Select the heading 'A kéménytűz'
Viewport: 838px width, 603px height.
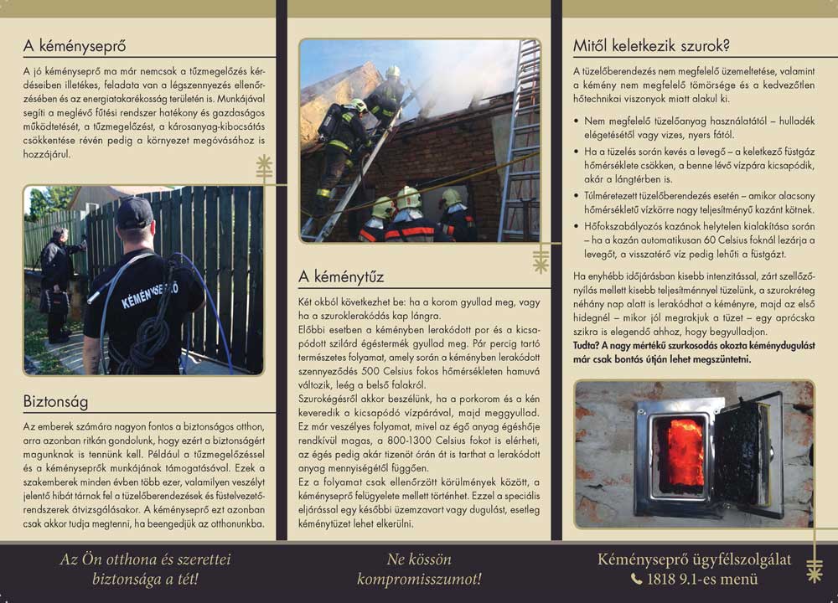pyautogui.click(x=342, y=276)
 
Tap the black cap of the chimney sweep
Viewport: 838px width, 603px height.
pyautogui.click(x=134, y=213)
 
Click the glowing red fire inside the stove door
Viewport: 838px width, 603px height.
pyautogui.click(x=685, y=452)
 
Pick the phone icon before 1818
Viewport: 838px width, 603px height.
pyautogui.click(x=637, y=579)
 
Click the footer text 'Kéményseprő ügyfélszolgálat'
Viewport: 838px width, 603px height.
pyautogui.click(x=694, y=559)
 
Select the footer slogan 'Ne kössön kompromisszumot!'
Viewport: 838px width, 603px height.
pyautogui.click(x=419, y=569)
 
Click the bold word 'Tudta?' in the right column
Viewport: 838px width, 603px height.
pyautogui.click(x=589, y=344)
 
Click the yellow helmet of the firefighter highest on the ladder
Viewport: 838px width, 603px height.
pyautogui.click(x=393, y=72)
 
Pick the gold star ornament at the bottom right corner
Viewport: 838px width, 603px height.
pyautogui.click(x=814, y=575)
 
